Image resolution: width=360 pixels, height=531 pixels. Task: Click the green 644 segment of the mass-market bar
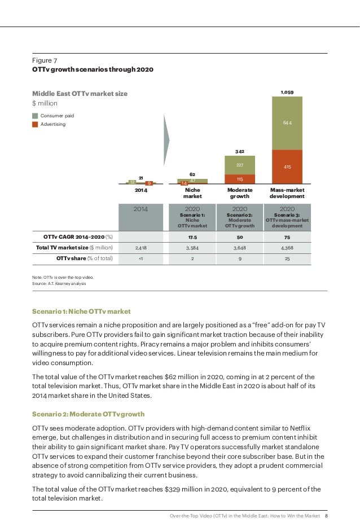(287, 122)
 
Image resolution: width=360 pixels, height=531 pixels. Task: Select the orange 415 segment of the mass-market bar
(287, 167)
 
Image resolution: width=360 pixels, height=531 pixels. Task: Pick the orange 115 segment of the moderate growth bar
(240, 179)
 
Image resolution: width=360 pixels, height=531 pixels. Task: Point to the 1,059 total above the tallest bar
(287, 91)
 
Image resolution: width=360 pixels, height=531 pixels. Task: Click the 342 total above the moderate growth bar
(240, 152)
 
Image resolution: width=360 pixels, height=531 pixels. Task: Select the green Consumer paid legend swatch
(36, 116)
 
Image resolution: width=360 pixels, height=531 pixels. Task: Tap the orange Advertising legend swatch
(36, 124)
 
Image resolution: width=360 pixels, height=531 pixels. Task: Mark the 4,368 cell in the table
(287, 247)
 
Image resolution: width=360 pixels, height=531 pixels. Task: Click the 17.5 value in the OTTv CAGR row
(192, 236)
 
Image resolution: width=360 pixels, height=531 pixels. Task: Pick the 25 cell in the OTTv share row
(287, 258)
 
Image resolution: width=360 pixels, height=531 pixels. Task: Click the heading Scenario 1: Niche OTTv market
(81, 311)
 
